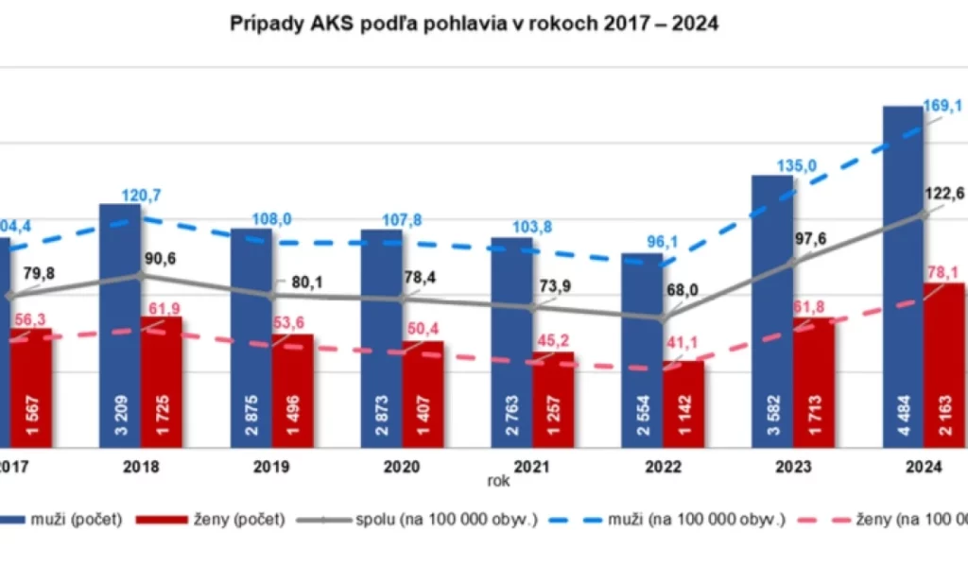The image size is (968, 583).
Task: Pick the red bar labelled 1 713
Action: point(814,383)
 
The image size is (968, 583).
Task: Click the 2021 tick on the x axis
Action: point(532,466)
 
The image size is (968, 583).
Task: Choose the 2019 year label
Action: point(271,466)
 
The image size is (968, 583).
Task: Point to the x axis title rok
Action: point(498,481)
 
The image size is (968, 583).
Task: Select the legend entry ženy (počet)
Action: point(212,519)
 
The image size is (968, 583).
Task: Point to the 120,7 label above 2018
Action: point(141,196)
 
